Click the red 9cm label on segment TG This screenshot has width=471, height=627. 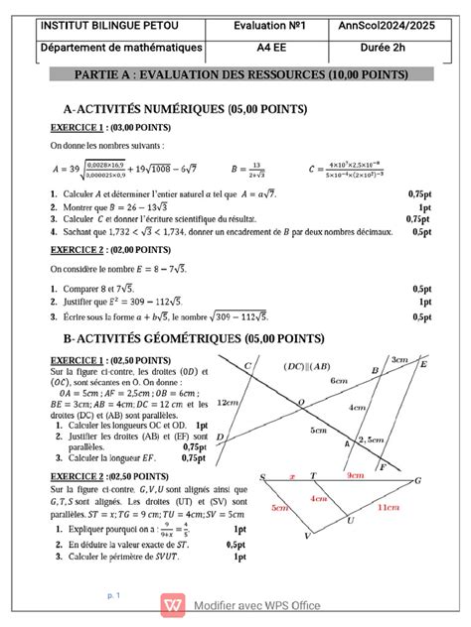pyautogui.click(x=356, y=475)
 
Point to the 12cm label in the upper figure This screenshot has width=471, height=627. pyautogui.click(x=227, y=403)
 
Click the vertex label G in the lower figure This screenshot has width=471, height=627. pyautogui.click(x=419, y=480)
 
